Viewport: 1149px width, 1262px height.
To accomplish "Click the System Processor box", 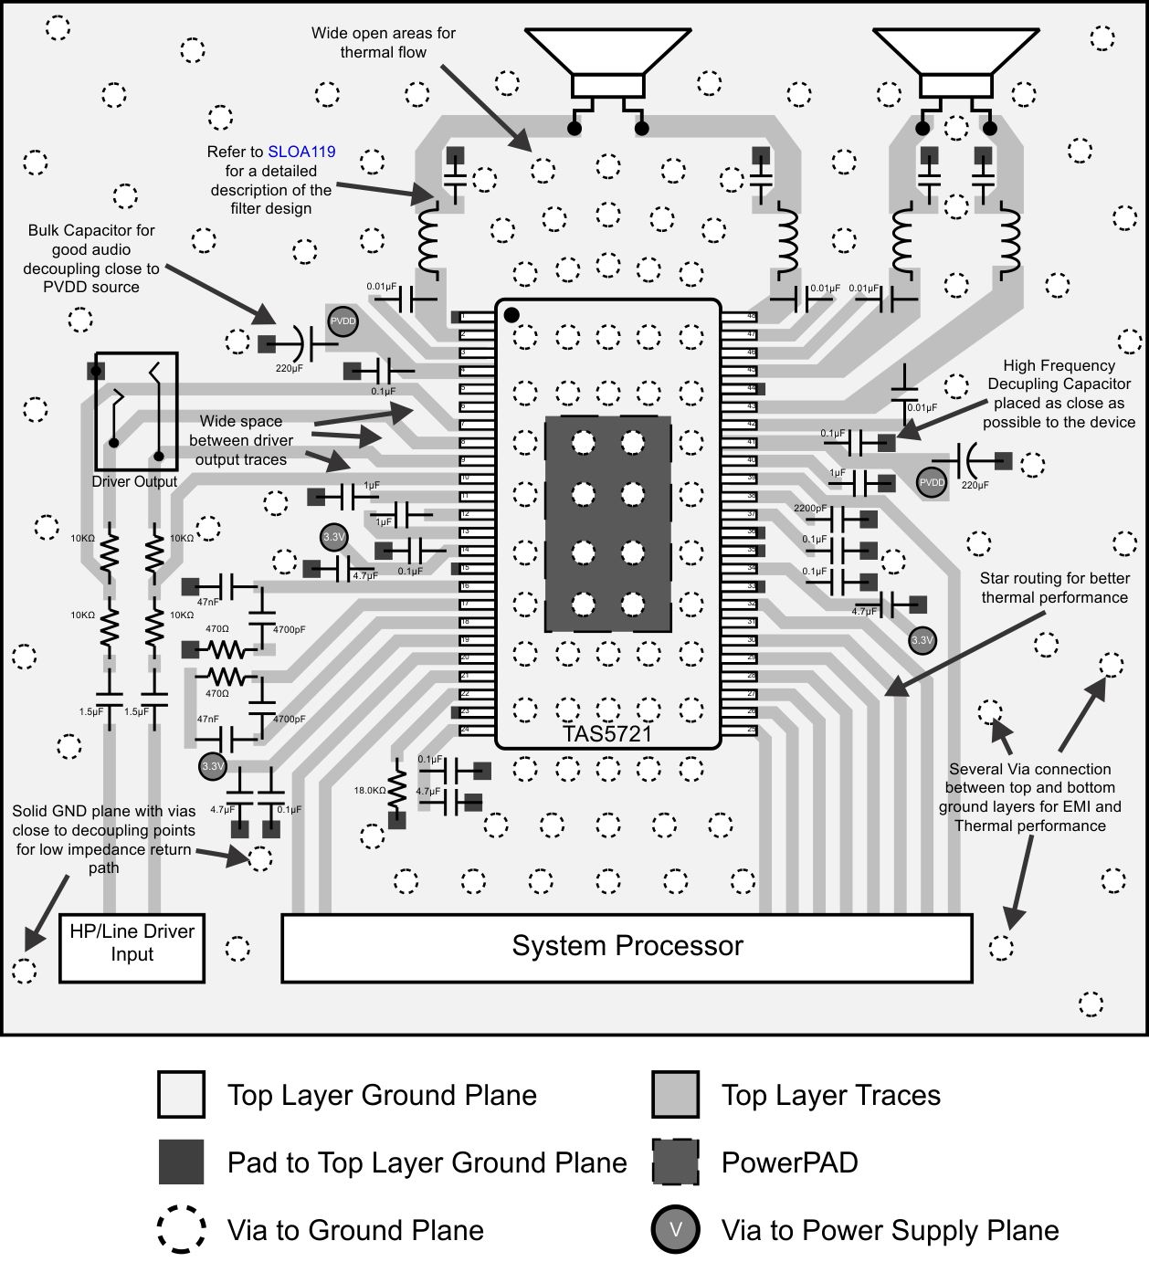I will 627,947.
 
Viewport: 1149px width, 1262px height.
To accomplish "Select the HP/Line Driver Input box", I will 132,947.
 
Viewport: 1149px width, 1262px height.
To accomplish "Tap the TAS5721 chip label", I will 607,734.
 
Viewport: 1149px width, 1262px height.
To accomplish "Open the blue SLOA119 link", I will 301,152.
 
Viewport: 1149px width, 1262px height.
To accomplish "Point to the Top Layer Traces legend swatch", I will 675,1095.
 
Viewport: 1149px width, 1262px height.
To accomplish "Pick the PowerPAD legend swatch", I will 675,1162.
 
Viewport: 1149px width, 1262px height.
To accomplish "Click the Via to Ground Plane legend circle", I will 181,1229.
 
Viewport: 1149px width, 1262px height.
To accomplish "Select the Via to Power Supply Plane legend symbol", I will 675,1229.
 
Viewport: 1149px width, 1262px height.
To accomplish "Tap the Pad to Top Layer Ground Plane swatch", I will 181,1162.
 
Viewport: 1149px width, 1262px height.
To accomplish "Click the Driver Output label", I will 134,481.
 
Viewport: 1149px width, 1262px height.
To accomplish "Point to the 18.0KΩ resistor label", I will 370,791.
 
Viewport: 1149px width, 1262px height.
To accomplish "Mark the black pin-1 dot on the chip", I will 511,315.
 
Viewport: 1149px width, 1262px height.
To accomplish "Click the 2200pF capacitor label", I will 810,508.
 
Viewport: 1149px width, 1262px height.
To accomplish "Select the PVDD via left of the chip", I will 343,321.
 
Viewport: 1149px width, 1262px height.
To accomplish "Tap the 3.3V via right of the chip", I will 922,640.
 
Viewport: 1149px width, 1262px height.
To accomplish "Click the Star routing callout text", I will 1054,588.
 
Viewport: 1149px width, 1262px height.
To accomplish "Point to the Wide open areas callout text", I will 383,43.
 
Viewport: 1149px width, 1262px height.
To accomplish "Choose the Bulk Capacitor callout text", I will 91,258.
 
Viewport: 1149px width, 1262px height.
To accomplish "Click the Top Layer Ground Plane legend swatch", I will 181,1095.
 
